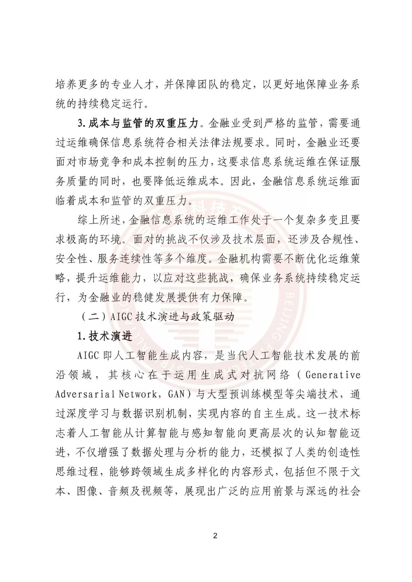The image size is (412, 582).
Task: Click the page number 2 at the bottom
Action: tap(215, 536)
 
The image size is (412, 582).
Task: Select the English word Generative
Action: tap(333, 375)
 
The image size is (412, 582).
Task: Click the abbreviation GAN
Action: tap(176, 394)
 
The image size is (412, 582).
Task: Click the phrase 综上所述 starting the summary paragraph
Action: tap(99, 220)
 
